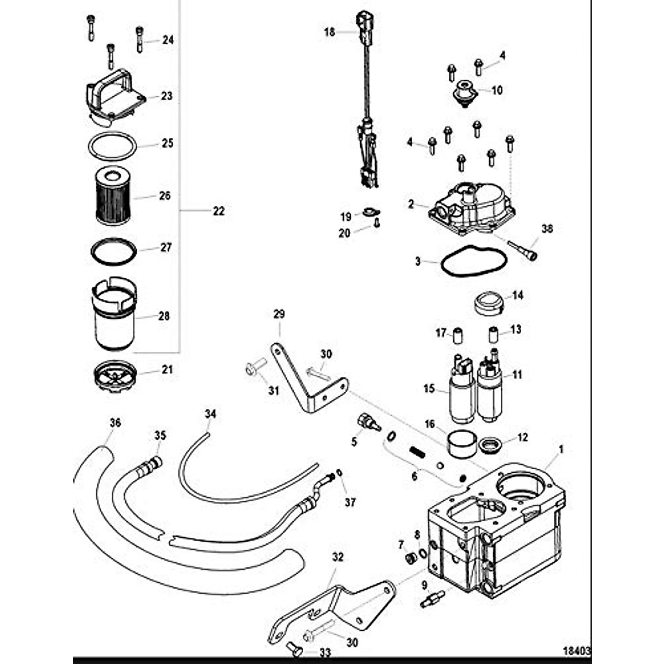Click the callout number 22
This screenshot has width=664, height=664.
pos(219,211)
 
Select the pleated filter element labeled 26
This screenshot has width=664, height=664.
pos(114,197)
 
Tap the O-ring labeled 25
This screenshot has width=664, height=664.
pos(112,145)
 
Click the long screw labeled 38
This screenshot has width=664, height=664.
pos(521,249)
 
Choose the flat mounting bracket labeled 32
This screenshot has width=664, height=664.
pos(332,609)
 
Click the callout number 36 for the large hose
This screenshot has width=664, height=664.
pos(115,423)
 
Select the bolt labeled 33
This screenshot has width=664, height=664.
pos(294,649)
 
